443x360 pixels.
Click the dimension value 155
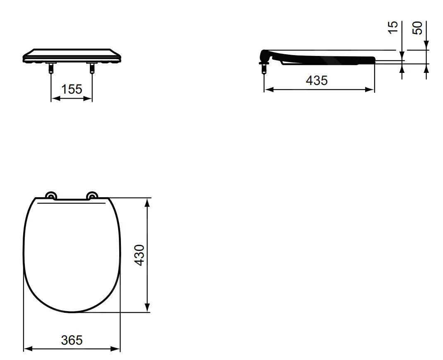point(72,89)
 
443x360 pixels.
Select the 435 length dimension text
point(317,81)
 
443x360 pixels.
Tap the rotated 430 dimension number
point(140,255)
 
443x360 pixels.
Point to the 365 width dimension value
point(72,340)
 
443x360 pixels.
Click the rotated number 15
point(393,27)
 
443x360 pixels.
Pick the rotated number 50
point(417,28)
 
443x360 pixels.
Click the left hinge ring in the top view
point(51,196)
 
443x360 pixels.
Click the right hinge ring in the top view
point(92,196)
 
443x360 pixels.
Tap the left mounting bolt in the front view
point(51,68)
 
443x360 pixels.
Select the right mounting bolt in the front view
point(92,68)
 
